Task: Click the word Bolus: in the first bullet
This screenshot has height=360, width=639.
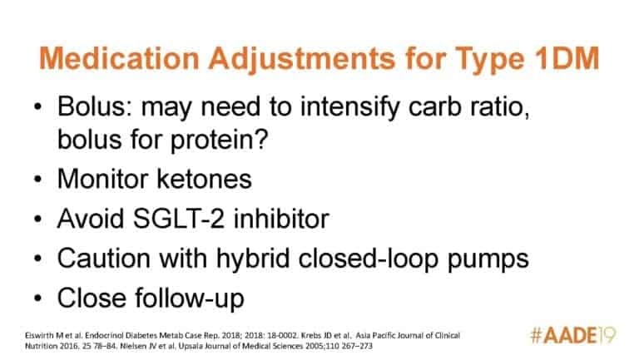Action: pyautogui.click(x=95, y=106)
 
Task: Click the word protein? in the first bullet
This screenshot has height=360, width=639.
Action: pyautogui.click(x=219, y=141)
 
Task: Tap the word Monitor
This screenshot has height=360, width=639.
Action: pyautogui.click(x=102, y=180)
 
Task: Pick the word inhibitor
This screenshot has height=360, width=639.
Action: pyautogui.click(x=281, y=219)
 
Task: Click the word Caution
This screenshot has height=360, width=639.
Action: pyautogui.click(x=104, y=259)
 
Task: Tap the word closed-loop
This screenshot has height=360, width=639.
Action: pyautogui.click(x=368, y=259)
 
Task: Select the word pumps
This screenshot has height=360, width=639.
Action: pyautogui.click(x=488, y=260)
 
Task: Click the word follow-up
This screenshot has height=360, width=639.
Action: pyautogui.click(x=190, y=299)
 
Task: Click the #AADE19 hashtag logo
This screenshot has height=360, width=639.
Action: pyautogui.click(x=573, y=336)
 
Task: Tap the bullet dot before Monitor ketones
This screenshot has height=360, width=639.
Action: pyautogui.click(x=38, y=180)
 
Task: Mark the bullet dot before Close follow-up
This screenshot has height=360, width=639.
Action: pyautogui.click(x=38, y=298)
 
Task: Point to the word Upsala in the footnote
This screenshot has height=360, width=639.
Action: pyautogui.click(x=209, y=346)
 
